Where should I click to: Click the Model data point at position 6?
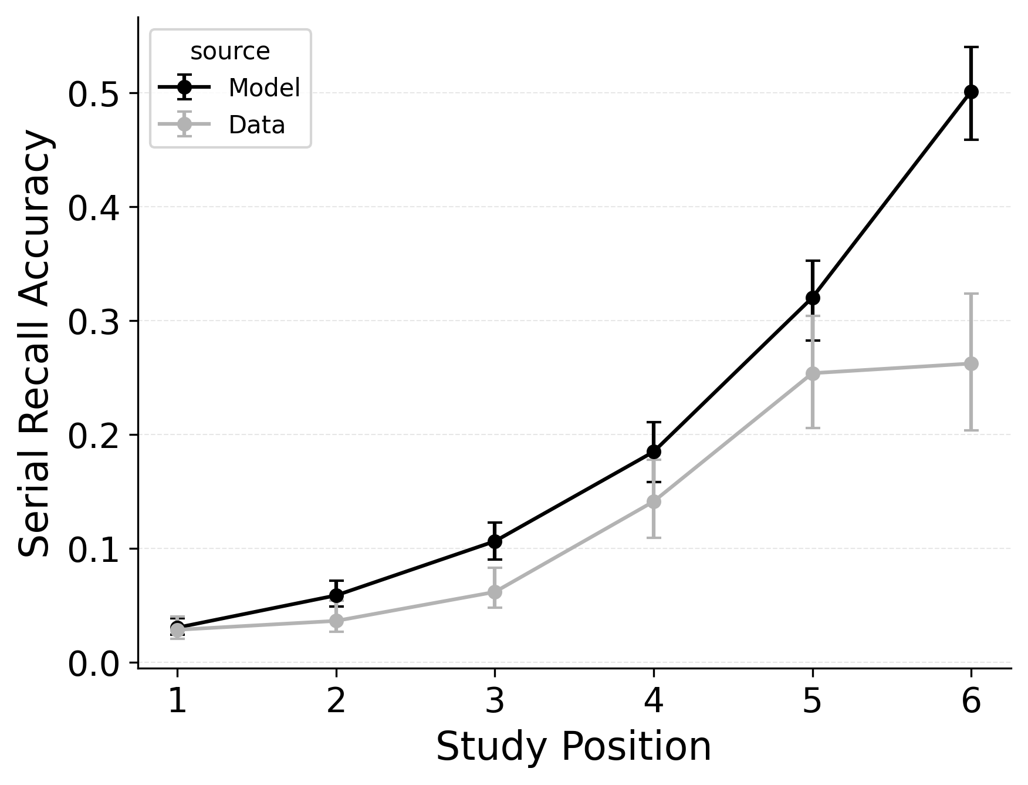pos(971,92)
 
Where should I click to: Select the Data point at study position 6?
pos(971,364)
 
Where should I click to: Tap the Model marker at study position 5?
pos(813,298)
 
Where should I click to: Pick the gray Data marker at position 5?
pos(813,373)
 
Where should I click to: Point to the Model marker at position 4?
pos(654,452)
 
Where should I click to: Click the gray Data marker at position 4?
pos(654,501)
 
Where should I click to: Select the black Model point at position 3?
pos(495,541)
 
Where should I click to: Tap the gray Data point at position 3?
pos(495,592)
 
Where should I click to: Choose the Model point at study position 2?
pos(336,596)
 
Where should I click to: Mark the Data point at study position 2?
pos(336,621)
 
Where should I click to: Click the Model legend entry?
pos(264,88)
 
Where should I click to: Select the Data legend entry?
pos(256,125)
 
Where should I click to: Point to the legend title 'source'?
pos(230,52)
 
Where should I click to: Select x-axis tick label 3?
pos(495,702)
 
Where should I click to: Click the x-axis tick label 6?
pos(971,702)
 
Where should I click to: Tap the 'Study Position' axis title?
pos(573,747)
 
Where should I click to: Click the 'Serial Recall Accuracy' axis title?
pos(35,343)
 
